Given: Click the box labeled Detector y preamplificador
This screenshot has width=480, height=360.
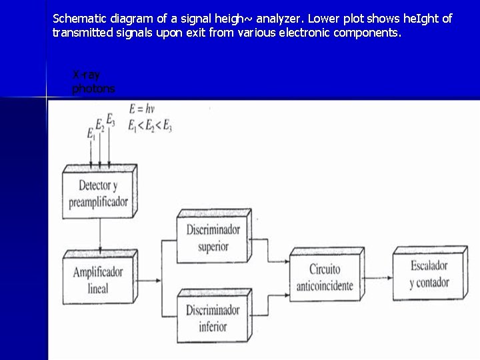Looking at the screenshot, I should click(x=98, y=193).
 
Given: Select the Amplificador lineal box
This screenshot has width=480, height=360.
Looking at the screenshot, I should click(x=97, y=281).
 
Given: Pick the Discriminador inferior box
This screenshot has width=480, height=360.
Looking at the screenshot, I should click(x=213, y=318).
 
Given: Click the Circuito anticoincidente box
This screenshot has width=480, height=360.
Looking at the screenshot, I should click(x=325, y=279).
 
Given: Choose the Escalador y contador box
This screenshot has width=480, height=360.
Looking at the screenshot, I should click(x=429, y=274).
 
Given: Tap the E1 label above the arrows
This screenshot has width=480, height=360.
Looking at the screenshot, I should click(x=91, y=133).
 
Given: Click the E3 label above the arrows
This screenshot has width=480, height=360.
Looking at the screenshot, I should click(x=110, y=121).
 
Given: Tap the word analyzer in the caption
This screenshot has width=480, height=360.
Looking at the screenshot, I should click(x=281, y=19).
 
